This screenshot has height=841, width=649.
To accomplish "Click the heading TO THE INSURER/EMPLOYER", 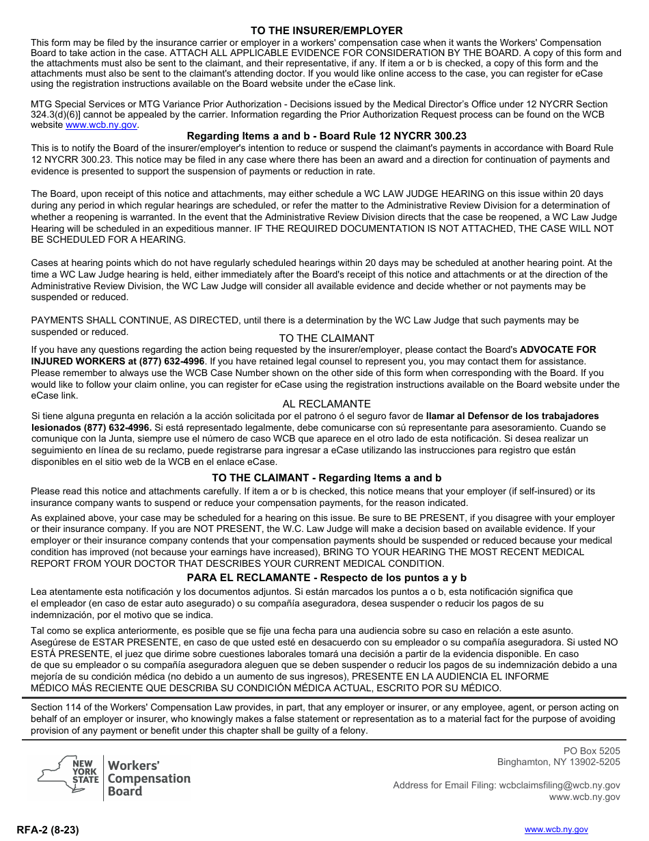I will [x=327, y=31].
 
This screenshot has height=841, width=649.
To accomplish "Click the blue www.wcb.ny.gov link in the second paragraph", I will [x=101, y=126].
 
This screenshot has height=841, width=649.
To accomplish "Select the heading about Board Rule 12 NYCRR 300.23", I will [x=327, y=136].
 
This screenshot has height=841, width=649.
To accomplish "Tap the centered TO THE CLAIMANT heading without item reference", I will [x=327, y=338].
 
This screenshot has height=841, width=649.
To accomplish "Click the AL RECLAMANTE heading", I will [x=327, y=404].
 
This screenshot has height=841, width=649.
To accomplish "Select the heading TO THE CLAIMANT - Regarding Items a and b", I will [x=327, y=478].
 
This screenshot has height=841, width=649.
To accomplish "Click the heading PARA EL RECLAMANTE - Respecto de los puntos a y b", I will [x=327, y=578].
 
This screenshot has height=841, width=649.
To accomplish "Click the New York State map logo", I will [x=68, y=777].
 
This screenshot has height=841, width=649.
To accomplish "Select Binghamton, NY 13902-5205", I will [x=558, y=762].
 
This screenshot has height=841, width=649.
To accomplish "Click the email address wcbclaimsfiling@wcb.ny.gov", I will [x=560, y=786].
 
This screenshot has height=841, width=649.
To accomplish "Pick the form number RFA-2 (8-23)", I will [x=49, y=830].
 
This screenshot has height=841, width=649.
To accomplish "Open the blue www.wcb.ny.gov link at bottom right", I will [x=555, y=829].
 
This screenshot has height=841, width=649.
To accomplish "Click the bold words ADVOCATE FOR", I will [x=557, y=349].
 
